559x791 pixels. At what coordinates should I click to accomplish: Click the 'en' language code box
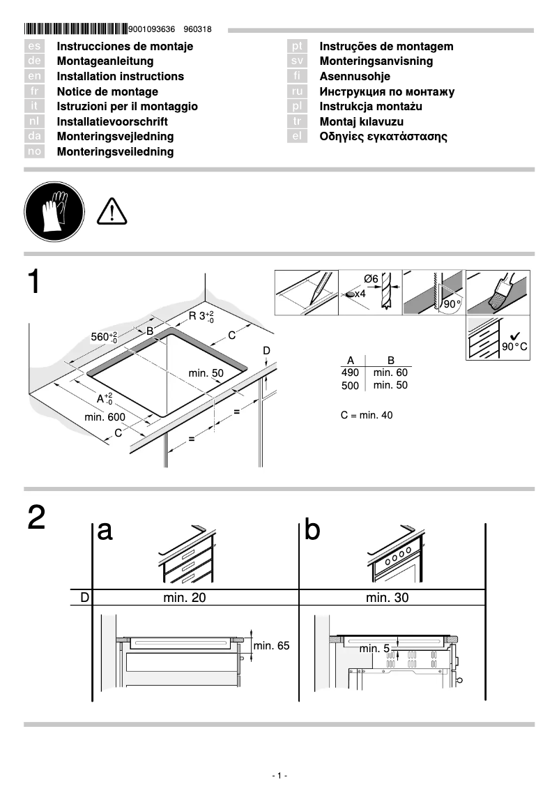[x=35, y=77]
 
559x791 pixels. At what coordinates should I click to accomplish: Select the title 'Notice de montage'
[x=107, y=92]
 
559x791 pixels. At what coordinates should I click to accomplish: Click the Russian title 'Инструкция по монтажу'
[x=387, y=92]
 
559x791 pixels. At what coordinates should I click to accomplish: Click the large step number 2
[x=37, y=518]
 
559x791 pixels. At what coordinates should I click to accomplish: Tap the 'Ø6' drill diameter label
[x=371, y=279]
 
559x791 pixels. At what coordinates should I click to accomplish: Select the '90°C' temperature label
[x=514, y=347]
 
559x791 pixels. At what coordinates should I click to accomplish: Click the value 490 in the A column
[x=350, y=373]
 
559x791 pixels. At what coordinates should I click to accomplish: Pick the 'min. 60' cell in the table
[x=390, y=373]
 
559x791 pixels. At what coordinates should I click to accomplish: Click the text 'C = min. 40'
[x=367, y=416]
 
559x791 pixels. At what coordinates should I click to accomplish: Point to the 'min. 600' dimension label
[x=105, y=417]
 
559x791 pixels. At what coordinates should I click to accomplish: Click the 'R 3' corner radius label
[x=201, y=317]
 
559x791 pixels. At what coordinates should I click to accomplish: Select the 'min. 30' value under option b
[x=387, y=598]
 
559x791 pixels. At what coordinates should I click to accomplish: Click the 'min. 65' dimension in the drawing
[x=271, y=646]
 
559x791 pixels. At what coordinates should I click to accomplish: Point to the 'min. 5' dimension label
[x=374, y=649]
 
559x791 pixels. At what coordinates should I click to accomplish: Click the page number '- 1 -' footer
[x=279, y=776]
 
